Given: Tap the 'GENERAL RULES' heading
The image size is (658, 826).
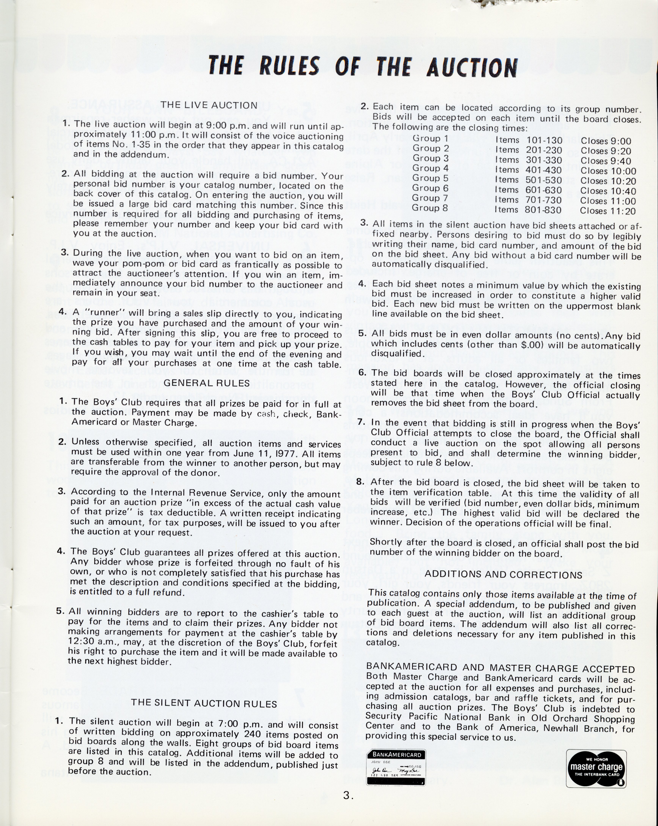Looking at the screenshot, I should [x=207, y=383].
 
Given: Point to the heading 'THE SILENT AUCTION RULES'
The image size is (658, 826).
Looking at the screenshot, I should [x=204, y=703].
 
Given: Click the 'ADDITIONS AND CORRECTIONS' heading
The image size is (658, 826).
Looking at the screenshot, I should [x=503, y=575].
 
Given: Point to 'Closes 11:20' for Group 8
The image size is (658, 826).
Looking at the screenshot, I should [x=607, y=211].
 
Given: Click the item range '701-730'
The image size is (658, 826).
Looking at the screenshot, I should [x=544, y=200].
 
